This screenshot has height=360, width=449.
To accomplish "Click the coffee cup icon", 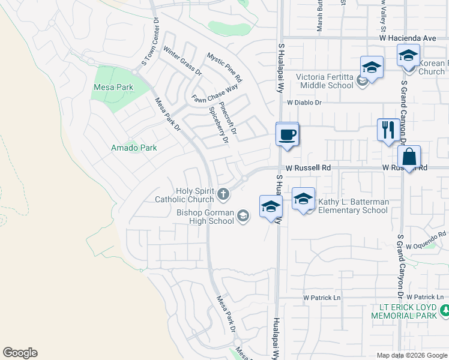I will click(288, 134).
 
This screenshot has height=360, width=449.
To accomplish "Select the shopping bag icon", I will click(409, 157).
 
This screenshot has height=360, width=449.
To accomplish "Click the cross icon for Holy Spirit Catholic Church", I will click(223, 193).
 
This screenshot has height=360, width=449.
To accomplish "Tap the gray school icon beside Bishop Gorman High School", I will click(243, 215).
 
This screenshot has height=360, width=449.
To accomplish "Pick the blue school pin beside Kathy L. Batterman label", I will click(304, 199).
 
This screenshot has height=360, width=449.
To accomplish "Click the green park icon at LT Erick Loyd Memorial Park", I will click(445, 310).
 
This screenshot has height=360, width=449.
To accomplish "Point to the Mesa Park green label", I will click(113, 87).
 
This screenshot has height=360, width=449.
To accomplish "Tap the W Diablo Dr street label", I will click(305, 103).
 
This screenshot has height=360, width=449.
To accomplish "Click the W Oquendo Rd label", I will click(426, 241).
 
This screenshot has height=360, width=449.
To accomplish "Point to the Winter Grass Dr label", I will click(182, 62).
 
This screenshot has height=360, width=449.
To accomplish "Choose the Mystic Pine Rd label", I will click(224, 67).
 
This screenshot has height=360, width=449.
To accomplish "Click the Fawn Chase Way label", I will click(215, 94).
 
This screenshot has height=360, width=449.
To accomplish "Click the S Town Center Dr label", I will click(151, 42).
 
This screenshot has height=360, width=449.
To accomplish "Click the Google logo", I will click(20, 353).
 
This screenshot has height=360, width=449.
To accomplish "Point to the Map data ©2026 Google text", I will click(412, 355).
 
